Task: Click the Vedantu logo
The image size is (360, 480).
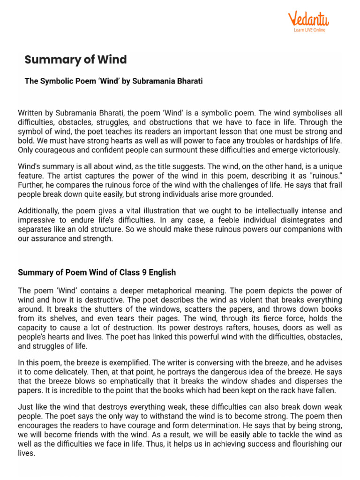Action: click(x=308, y=19)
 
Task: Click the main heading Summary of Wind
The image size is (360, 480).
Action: click(x=75, y=60)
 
